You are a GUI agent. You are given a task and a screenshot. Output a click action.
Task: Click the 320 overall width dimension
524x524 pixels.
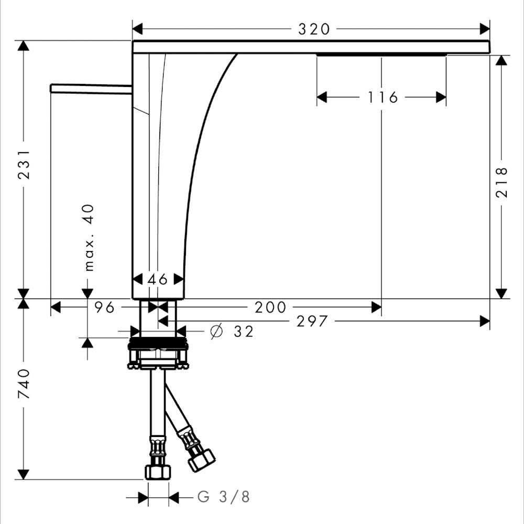[x=314, y=29]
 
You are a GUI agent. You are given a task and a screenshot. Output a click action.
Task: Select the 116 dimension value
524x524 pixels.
[x=383, y=97]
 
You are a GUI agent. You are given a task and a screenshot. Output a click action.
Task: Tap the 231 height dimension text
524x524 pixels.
[x=24, y=165]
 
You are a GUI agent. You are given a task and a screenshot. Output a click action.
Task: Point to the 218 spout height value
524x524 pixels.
[x=501, y=182]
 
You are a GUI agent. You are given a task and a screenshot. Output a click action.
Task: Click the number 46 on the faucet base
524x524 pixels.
[x=158, y=279]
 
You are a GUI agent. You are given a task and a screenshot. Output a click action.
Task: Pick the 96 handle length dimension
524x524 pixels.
[x=104, y=307]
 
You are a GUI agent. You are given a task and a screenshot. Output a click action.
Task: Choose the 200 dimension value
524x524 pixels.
[x=270, y=307]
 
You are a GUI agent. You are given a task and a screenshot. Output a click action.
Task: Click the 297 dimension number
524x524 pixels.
[x=312, y=322]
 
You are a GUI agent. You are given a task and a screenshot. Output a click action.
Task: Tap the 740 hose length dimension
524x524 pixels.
[x=24, y=384]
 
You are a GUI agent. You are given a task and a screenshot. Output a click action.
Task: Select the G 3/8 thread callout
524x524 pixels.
[x=223, y=497]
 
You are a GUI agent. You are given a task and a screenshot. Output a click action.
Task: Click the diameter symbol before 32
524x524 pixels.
[x=216, y=332]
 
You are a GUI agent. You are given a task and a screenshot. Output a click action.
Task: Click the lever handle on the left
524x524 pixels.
[x=91, y=88]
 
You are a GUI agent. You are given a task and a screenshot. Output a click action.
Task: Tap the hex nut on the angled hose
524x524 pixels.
[x=201, y=460]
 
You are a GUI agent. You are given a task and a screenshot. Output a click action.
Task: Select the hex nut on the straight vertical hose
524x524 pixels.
[x=158, y=472]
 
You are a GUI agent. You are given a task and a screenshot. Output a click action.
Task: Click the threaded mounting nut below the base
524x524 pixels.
[x=158, y=353]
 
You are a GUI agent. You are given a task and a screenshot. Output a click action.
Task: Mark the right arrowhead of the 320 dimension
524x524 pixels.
[x=485, y=29]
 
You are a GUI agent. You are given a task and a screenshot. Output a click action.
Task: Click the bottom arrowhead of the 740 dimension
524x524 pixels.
[x=24, y=474]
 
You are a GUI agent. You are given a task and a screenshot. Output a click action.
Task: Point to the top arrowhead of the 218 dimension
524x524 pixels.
[x=501, y=60]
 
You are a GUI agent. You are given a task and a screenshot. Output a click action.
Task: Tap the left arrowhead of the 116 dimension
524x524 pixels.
[x=322, y=97]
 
